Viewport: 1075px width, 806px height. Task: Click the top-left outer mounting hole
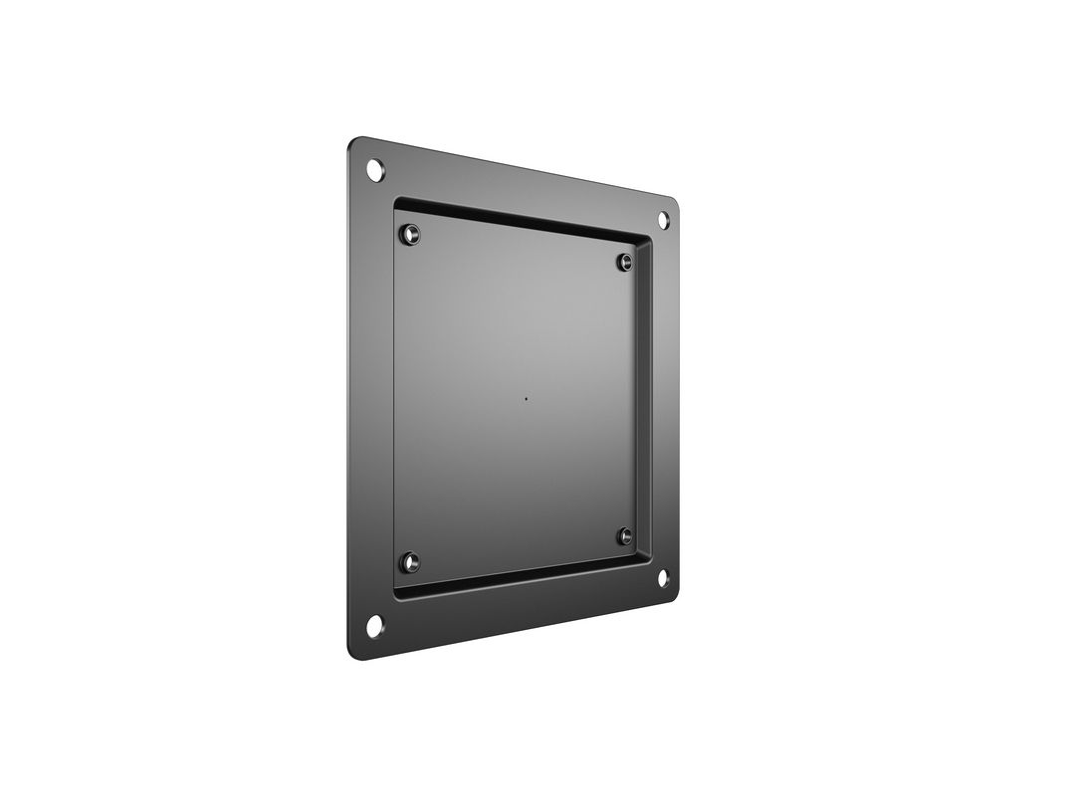pyautogui.click(x=374, y=169)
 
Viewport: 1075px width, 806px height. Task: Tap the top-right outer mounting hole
pyautogui.click(x=663, y=220)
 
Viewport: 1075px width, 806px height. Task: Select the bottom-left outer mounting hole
pyautogui.click(x=374, y=625)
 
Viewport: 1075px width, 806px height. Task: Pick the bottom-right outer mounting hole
pyautogui.click(x=663, y=577)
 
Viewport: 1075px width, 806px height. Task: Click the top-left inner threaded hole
pyautogui.click(x=409, y=235)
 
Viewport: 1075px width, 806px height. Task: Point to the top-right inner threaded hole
pyautogui.click(x=625, y=262)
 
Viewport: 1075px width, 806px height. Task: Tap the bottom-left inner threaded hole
pyautogui.click(x=409, y=562)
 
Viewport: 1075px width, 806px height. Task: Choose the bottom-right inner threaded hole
pyautogui.click(x=625, y=536)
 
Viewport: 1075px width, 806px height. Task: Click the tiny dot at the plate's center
pyautogui.click(x=527, y=401)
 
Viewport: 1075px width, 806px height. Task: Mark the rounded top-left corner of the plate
pyautogui.click(x=354, y=145)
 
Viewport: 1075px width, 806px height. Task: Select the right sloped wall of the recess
pyautogui.click(x=648, y=398)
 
